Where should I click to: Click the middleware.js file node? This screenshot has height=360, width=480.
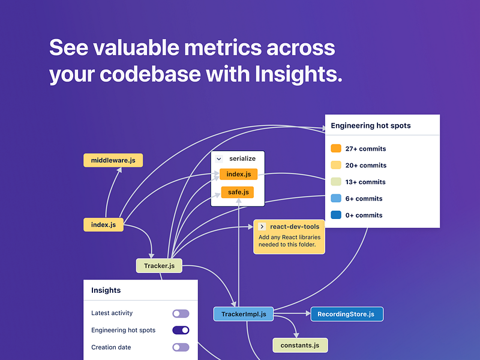click(113, 160)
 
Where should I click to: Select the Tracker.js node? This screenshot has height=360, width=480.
click(159, 266)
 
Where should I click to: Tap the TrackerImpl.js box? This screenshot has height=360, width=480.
click(244, 314)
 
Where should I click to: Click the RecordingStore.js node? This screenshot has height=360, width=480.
click(346, 314)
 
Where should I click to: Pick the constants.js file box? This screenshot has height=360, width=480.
click(300, 345)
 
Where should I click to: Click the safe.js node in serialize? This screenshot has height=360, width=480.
click(238, 193)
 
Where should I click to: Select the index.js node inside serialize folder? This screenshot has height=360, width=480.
click(238, 175)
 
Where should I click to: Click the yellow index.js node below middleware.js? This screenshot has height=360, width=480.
click(103, 225)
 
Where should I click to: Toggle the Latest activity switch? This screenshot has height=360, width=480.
click(181, 313)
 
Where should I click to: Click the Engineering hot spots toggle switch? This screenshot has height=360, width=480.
click(181, 330)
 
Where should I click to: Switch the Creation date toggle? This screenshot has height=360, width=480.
click(181, 347)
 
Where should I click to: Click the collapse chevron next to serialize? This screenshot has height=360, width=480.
click(219, 159)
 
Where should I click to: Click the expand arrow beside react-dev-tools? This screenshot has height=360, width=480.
click(262, 226)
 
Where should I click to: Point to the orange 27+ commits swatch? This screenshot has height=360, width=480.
click(336, 148)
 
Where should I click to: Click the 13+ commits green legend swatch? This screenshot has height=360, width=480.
click(336, 182)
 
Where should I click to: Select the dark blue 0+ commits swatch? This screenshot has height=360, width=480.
click(336, 215)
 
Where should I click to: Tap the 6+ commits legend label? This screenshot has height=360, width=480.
click(364, 199)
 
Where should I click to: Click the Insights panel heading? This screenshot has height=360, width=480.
click(106, 290)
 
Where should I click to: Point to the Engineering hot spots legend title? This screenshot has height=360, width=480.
click(371, 126)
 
